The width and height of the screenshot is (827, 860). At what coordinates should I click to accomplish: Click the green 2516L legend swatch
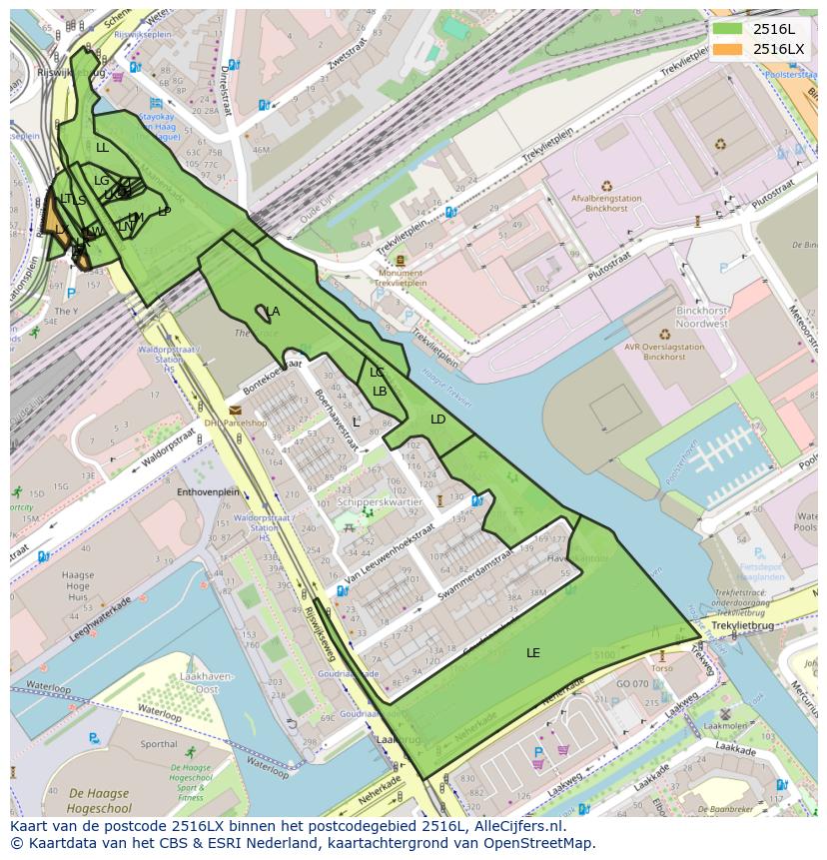[x=727, y=28]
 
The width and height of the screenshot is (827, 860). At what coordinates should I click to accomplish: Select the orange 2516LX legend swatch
[x=727, y=48]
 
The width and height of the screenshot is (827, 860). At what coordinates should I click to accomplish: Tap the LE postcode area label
[x=533, y=652]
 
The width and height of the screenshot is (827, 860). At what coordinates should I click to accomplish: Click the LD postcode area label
[x=437, y=420]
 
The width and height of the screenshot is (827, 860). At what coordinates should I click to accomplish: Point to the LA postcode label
[x=273, y=312]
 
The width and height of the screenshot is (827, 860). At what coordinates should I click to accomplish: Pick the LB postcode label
[x=380, y=392]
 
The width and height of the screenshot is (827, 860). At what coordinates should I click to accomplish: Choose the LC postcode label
[x=377, y=373]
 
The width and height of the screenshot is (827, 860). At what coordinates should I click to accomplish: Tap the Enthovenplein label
[x=208, y=492]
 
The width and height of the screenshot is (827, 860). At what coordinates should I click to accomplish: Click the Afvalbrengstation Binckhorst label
[x=606, y=204]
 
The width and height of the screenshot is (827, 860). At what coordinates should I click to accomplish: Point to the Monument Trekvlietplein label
[x=400, y=278]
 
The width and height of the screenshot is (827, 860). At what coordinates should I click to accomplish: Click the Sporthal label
[x=159, y=744]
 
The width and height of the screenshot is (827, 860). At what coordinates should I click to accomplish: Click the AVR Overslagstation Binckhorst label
[x=664, y=352]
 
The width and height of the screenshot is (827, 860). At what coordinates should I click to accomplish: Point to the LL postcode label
[x=102, y=148]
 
